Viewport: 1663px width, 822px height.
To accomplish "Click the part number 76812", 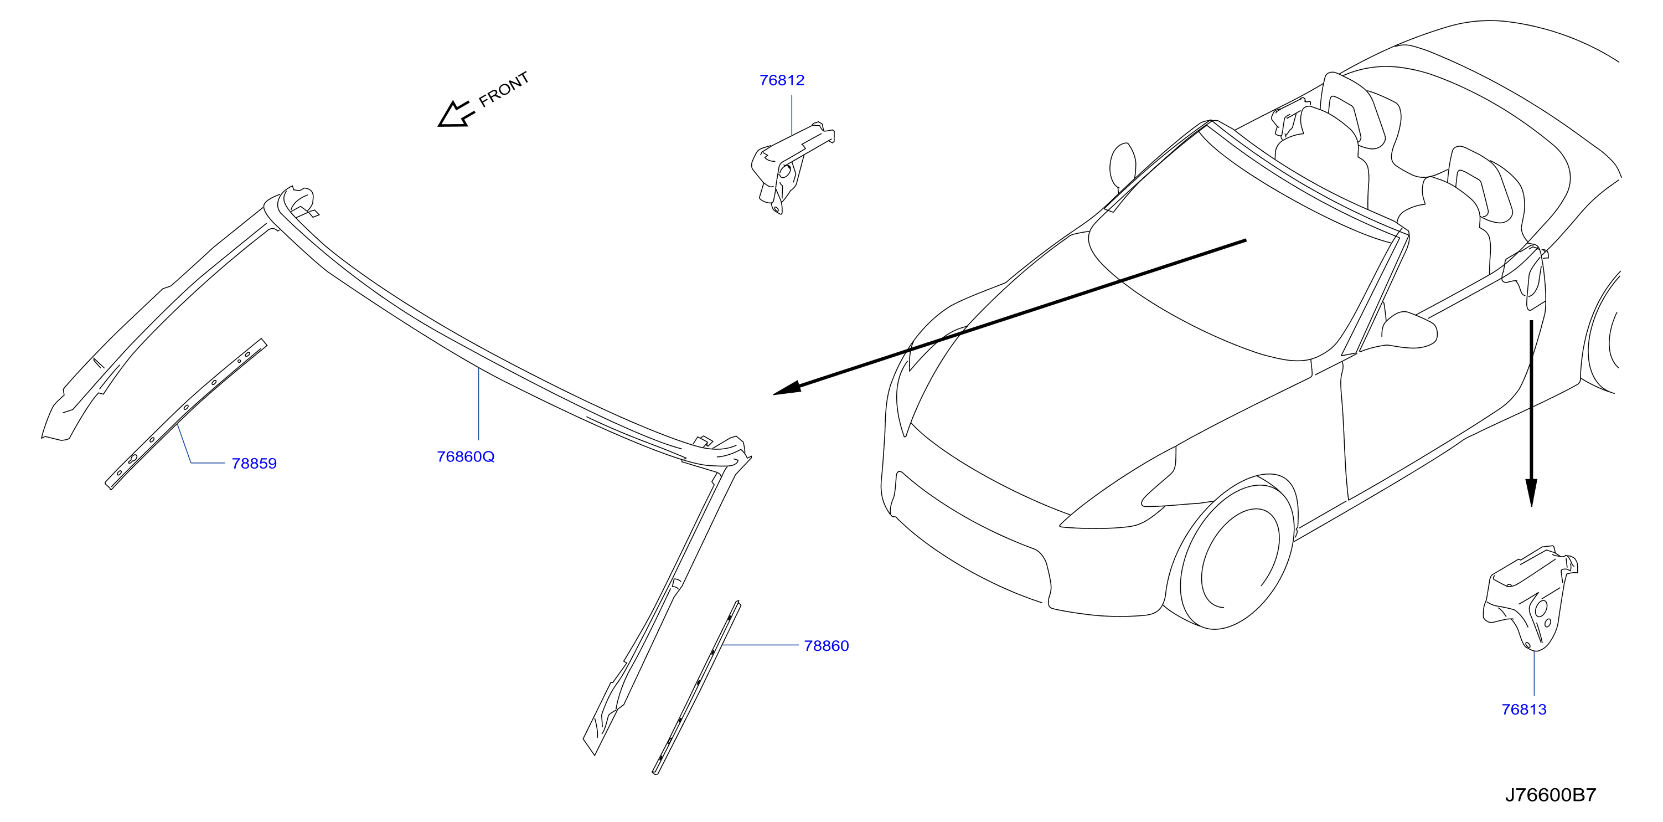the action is [x=782, y=80].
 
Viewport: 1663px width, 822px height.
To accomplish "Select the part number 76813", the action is [x=1524, y=710].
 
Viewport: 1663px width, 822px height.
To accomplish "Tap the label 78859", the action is [x=254, y=464].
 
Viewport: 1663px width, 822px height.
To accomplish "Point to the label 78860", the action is [x=827, y=646].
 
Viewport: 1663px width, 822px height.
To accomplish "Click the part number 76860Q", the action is [x=466, y=456].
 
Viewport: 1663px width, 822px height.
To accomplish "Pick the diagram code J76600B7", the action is [x=1551, y=795].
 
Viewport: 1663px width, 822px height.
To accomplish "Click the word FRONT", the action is [x=504, y=89].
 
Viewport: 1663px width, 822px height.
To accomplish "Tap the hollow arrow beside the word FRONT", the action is [x=456, y=114].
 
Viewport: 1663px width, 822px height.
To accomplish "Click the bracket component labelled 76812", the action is [x=792, y=167].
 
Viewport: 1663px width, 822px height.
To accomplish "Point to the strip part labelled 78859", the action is [x=185, y=414].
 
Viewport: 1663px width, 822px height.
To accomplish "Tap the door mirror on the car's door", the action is [x=1411, y=330].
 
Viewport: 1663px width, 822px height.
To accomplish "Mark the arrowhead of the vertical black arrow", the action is [x=1531, y=492].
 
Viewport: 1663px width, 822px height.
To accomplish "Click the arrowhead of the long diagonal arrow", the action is [x=787, y=389].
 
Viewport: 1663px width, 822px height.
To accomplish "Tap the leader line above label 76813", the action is [x=1534, y=674].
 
